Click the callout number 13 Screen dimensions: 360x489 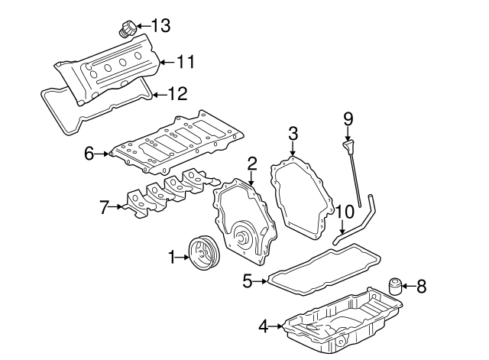click(160, 25)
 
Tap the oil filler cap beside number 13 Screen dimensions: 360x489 click(127, 31)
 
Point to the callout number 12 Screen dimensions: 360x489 click(176, 95)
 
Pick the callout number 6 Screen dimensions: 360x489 click(89, 154)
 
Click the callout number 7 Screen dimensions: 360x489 click(105, 205)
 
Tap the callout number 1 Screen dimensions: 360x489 click(172, 258)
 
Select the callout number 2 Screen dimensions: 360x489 click(251, 163)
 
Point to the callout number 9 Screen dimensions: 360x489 click(348, 118)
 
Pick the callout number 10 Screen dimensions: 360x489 click(344, 211)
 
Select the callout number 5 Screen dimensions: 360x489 click(247, 281)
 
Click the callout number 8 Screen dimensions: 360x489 click(421, 287)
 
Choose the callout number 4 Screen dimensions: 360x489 click(264, 326)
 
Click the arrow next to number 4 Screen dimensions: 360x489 click(277, 326)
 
